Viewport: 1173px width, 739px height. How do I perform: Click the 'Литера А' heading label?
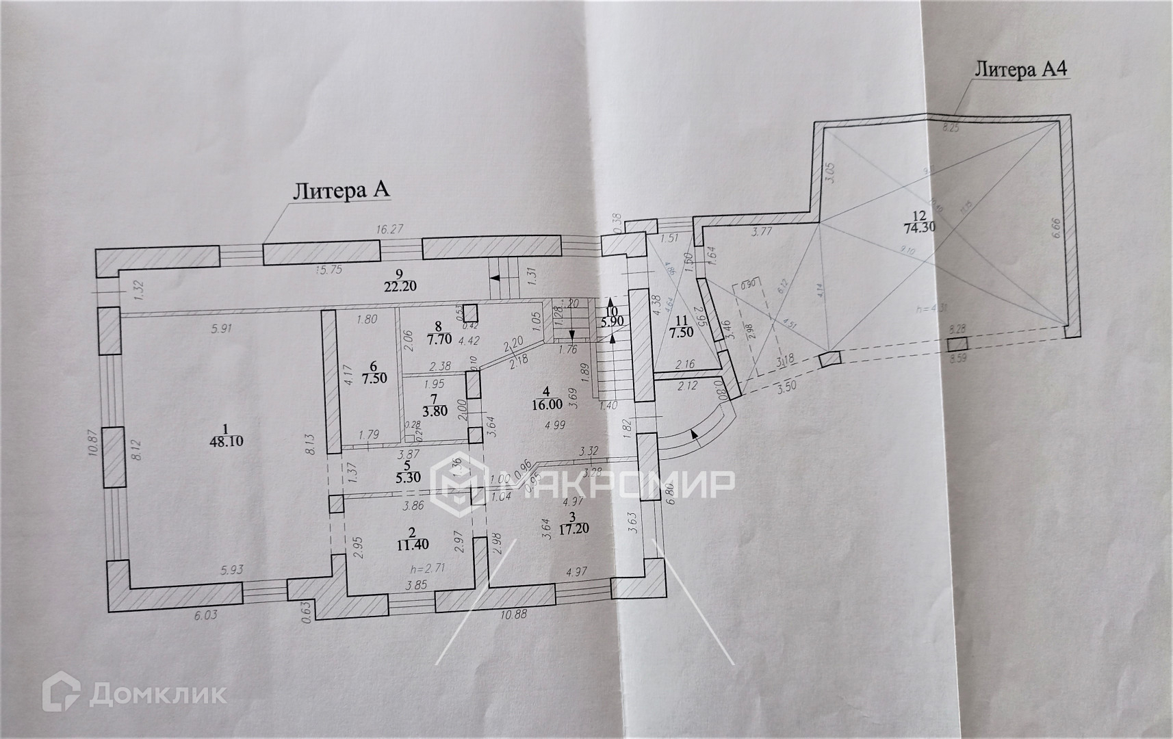(x=341, y=191)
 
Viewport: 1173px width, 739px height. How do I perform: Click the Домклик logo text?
(x=157, y=695)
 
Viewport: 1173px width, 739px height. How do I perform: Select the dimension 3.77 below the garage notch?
(x=761, y=231)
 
